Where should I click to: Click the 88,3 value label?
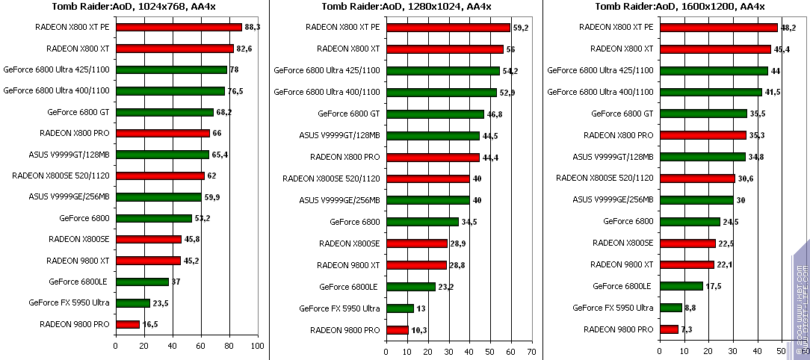tap(253, 28)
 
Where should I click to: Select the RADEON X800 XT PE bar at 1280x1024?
tap(448, 28)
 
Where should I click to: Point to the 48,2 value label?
tap(788, 28)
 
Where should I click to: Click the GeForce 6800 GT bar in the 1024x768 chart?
tap(164, 112)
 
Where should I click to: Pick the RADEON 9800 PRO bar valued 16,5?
tap(128, 324)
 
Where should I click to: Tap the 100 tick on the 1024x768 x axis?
tap(258, 347)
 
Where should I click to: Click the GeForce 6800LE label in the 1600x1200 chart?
tap(622, 286)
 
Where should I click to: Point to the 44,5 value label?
tap(490, 136)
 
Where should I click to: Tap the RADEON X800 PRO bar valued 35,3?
tap(702, 135)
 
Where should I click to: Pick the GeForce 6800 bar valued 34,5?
tap(422, 222)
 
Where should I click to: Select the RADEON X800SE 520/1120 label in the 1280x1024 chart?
tap(331, 179)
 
